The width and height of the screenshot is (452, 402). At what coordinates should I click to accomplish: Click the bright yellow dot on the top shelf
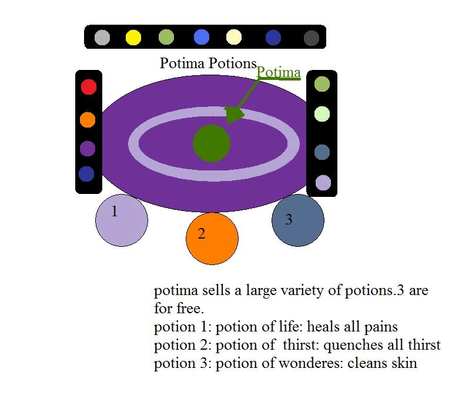tap(133, 38)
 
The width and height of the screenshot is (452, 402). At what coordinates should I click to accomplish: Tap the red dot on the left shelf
tap(88, 88)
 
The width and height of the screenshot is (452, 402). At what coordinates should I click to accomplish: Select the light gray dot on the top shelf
tap(102, 38)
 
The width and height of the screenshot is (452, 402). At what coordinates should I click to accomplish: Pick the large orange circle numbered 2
tap(212, 238)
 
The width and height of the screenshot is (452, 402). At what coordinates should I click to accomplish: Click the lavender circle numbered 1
tap(122, 220)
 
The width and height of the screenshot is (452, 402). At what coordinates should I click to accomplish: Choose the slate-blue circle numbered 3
tap(298, 220)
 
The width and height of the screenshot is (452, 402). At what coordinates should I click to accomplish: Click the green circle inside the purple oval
tap(212, 143)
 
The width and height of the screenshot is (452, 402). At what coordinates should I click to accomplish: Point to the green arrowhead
tap(235, 114)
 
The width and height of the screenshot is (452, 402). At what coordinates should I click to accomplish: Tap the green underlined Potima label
tap(279, 72)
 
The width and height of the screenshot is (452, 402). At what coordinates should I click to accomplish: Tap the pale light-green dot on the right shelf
tap(322, 114)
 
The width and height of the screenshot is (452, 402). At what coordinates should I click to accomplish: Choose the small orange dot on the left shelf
tap(88, 120)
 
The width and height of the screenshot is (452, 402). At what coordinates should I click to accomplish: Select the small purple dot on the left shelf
tap(88, 149)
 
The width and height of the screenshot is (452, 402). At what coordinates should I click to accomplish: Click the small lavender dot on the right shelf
tap(323, 183)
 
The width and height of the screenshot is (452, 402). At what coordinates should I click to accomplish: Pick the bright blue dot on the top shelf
tap(202, 38)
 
